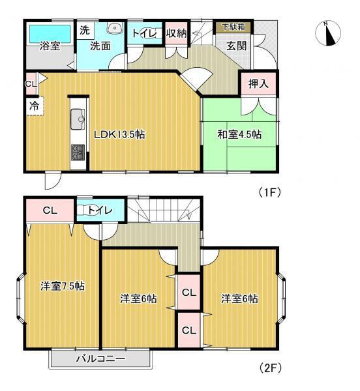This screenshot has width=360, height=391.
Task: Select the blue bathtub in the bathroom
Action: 50,30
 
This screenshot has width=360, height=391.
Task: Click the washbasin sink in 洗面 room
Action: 116,29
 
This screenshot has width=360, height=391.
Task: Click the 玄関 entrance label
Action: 235,46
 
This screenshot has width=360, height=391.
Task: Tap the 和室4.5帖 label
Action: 239,135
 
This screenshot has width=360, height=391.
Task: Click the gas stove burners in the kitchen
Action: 78,154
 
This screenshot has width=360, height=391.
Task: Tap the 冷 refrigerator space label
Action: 32,106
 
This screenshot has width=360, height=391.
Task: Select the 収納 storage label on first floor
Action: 176,32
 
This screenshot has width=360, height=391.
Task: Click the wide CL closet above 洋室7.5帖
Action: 50,210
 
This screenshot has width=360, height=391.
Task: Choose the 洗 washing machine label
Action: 84,29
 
